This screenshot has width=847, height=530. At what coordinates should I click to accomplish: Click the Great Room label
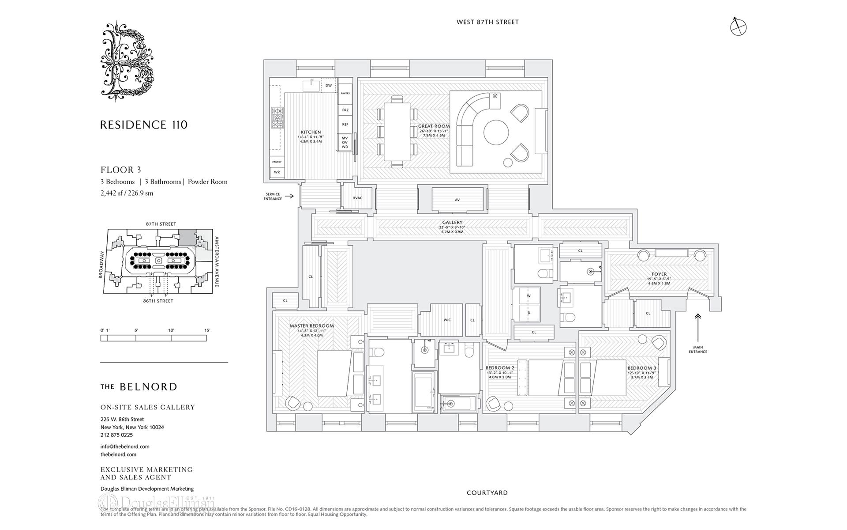tap(434, 126)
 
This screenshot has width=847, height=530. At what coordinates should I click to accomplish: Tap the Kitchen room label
tap(311, 132)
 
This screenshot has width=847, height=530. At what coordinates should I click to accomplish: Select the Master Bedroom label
tap(311, 326)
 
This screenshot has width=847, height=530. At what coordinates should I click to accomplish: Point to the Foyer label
tap(659, 274)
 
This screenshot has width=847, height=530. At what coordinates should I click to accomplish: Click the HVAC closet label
tap(357, 198)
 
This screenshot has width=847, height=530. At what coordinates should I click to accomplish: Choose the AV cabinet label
tap(457, 200)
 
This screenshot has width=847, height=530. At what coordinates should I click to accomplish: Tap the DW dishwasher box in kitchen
tap(328, 86)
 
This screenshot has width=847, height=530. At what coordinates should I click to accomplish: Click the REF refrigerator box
tap(345, 125)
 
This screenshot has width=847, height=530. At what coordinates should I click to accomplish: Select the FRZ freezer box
tap(345, 110)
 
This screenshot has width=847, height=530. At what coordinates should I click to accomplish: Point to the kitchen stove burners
tap(277, 118)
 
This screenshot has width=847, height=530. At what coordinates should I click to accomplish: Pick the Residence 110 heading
tap(144, 125)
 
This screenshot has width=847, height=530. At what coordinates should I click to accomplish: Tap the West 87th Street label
tap(487, 22)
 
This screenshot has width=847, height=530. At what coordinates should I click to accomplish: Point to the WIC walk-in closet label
tap(447, 320)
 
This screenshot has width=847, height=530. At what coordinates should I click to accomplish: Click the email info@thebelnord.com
tap(125, 447)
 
